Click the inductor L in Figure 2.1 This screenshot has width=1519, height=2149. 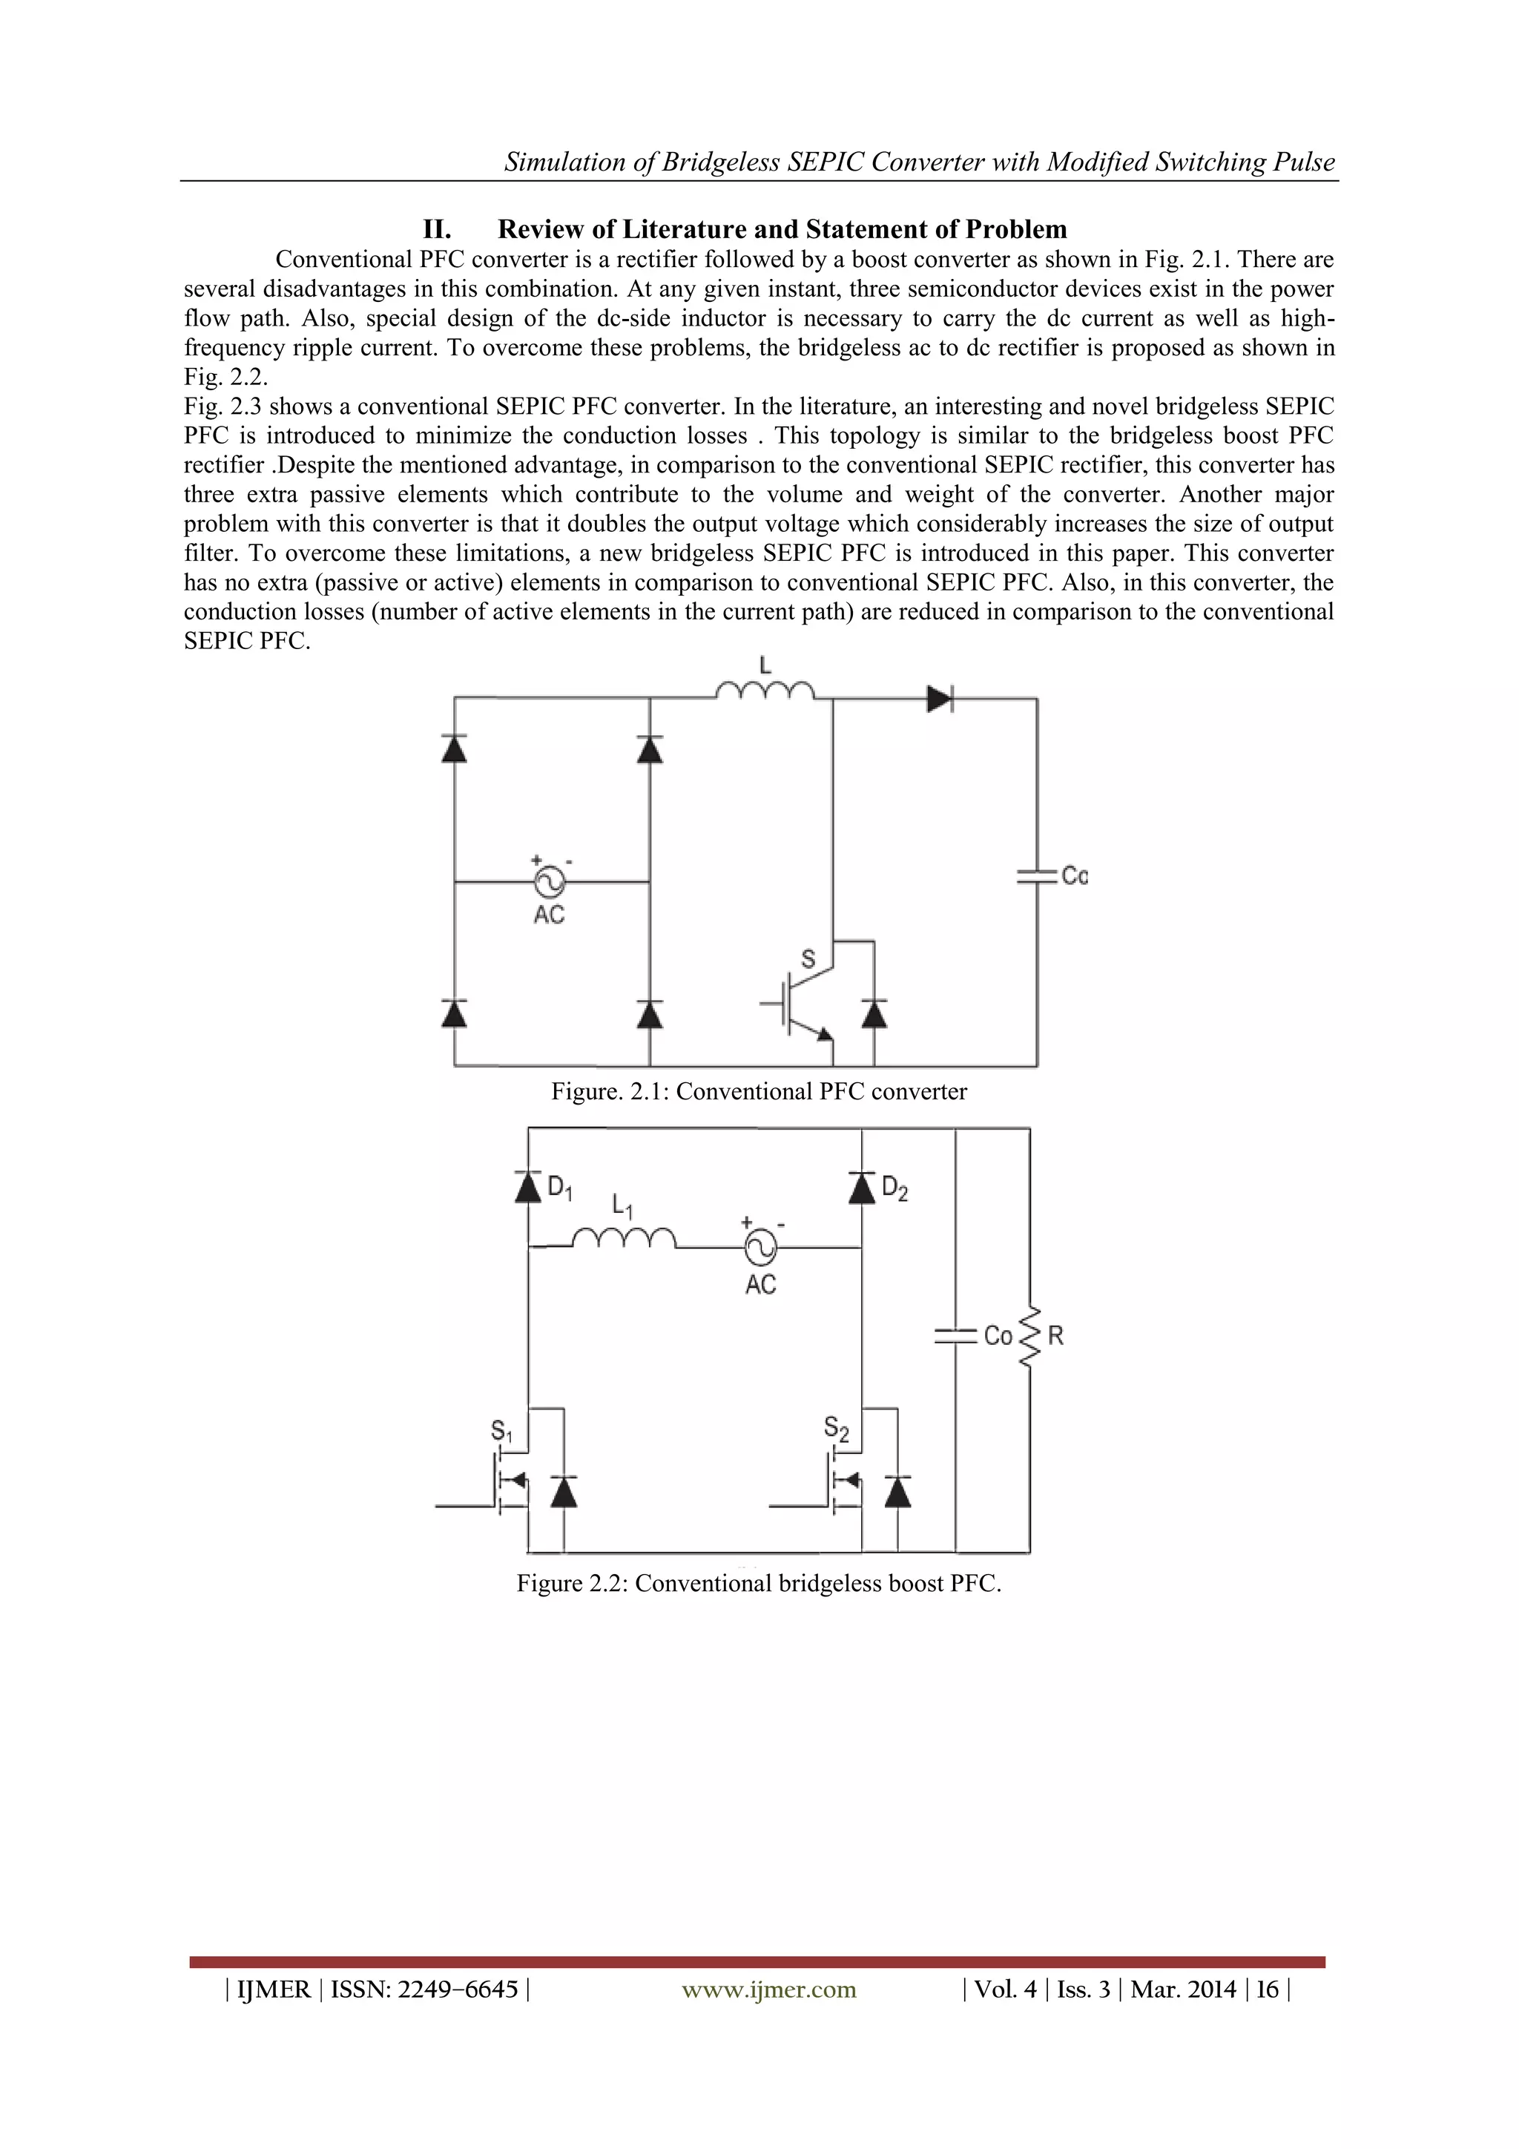(765, 691)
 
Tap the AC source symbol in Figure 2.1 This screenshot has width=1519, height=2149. (548, 881)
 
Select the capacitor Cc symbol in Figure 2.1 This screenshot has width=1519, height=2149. (1037, 876)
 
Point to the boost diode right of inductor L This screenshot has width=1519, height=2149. (939, 698)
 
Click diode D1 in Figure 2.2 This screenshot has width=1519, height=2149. (529, 1187)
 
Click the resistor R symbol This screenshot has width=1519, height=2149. (1029, 1336)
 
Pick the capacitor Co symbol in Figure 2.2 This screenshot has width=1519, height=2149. (955, 1337)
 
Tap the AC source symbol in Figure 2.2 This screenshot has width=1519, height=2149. (760, 1247)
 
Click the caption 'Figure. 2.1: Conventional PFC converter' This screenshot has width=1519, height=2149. (758, 1091)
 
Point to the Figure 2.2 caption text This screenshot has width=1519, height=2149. (758, 1583)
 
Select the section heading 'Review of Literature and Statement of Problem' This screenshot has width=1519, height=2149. (782, 229)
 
